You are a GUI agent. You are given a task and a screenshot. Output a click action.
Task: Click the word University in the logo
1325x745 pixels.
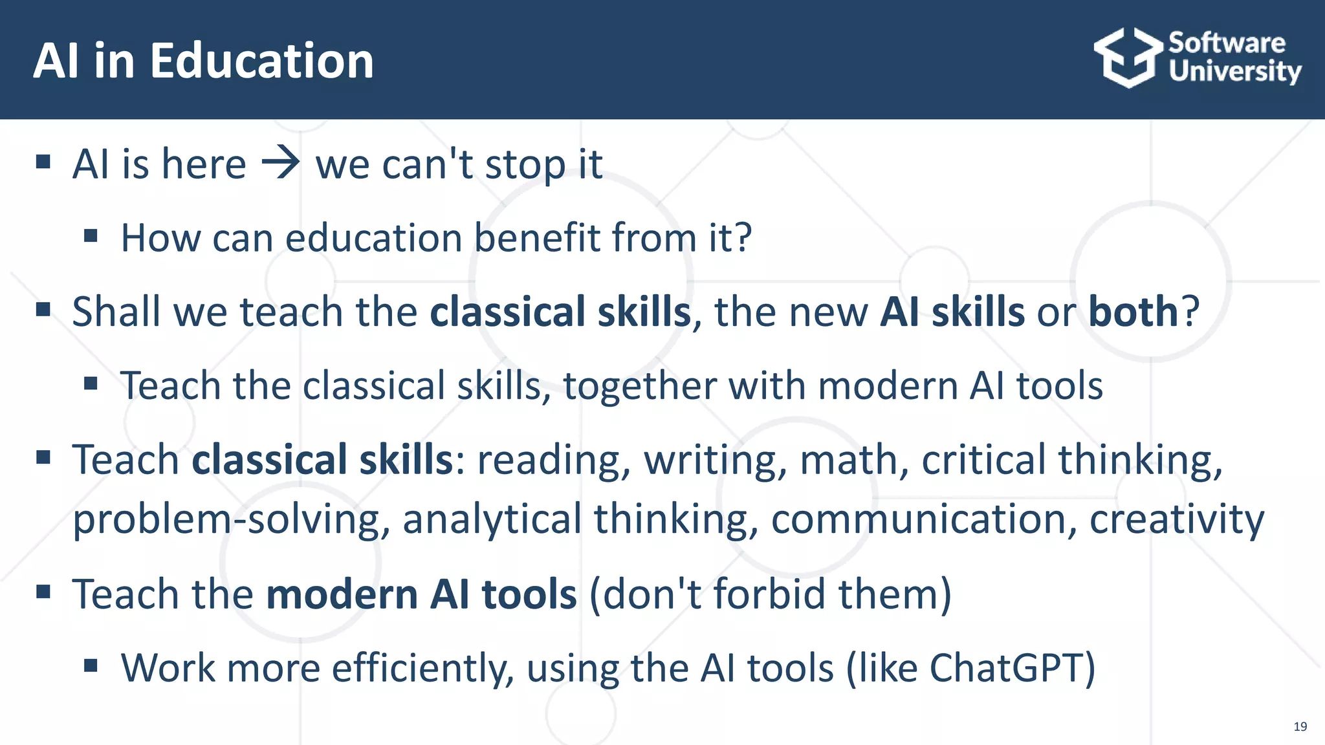1234,71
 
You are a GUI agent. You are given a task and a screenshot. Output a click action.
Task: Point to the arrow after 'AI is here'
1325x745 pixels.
280,164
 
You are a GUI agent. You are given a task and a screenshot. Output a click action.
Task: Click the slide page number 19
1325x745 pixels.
1300,726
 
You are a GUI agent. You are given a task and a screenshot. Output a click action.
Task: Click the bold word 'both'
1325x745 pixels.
1133,312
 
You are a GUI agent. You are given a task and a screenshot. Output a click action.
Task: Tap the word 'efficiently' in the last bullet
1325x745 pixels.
422,668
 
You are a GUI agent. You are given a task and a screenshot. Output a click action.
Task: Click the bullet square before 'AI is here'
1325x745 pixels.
43,162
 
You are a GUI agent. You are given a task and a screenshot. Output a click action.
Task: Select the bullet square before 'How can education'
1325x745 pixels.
91,235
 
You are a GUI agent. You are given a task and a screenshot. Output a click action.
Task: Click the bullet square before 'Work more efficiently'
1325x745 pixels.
91,665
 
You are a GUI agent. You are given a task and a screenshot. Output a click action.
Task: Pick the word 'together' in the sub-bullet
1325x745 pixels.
639,386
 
